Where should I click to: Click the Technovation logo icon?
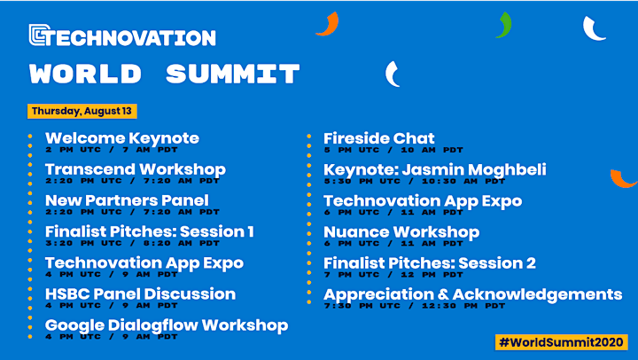[40, 35]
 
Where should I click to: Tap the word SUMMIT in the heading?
[233, 74]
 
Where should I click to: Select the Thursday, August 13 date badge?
[82, 111]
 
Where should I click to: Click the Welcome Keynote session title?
[122, 138]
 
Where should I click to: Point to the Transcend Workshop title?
[136, 169]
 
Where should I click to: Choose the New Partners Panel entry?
[127, 200]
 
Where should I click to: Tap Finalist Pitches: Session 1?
[150, 231]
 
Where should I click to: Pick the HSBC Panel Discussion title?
[140, 294]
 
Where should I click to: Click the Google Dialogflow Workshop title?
[167, 325]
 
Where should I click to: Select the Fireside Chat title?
[379, 138]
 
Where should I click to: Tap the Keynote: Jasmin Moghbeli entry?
[434, 170]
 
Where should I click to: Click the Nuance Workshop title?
[401, 232]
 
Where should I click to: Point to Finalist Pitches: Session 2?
[429, 263]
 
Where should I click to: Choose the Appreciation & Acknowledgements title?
[473, 294]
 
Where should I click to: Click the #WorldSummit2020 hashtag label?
[562, 342]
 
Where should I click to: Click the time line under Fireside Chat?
[393, 150]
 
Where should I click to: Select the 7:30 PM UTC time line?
[414, 306]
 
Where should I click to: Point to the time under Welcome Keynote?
[112, 150]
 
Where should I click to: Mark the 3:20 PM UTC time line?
[132, 243]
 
